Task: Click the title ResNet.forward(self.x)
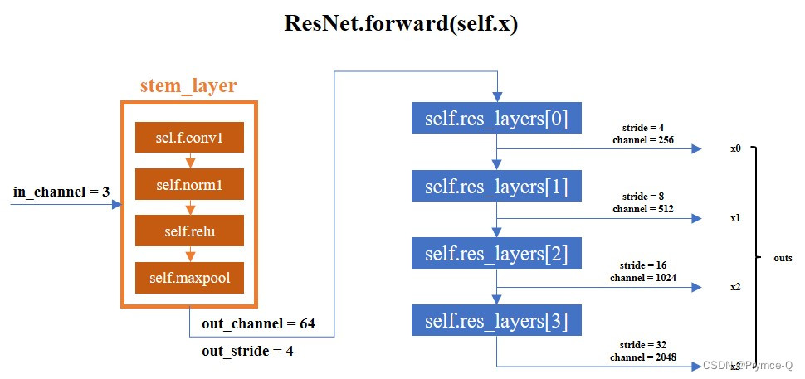point(402,23)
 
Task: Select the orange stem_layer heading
point(188,86)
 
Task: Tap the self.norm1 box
point(188,185)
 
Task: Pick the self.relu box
point(188,231)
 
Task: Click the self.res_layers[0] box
point(496,119)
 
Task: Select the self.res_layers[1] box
point(496,187)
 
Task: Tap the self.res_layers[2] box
point(496,252)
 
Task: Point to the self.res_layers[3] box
point(496,319)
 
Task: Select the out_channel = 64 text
point(258,323)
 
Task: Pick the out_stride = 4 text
point(247,351)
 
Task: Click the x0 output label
point(735,149)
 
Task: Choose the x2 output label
point(735,286)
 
